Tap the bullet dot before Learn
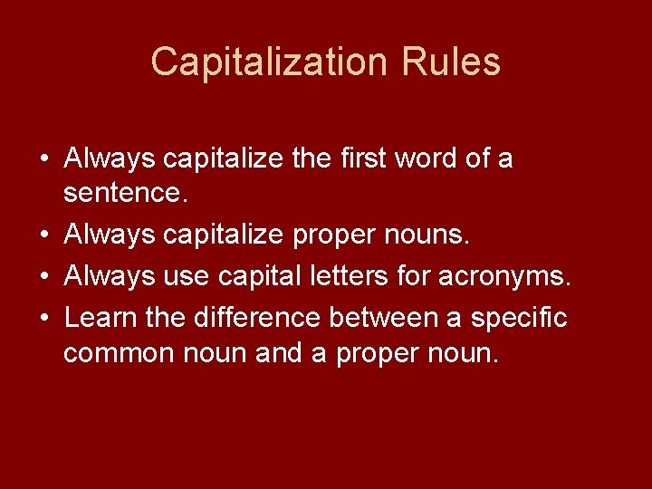(x=44, y=318)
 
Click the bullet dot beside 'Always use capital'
(x=44, y=275)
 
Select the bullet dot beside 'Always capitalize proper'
(x=44, y=235)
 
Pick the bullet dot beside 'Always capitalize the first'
(x=44, y=159)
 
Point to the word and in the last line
(x=282, y=353)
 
